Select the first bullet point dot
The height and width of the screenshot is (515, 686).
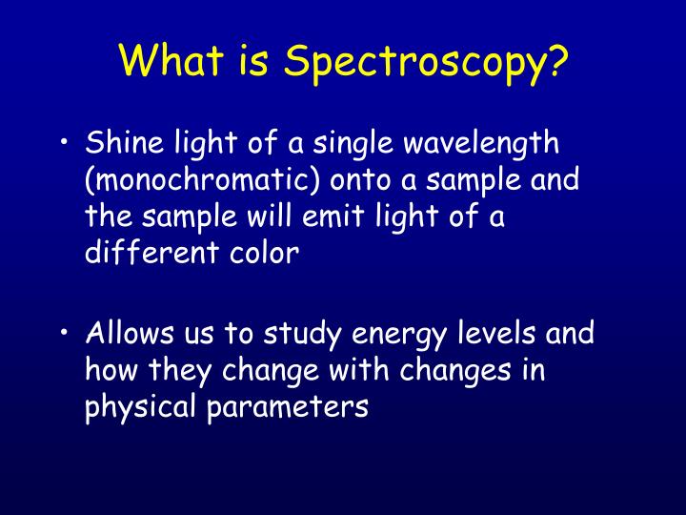63,145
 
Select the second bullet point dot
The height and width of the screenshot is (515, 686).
63,334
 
